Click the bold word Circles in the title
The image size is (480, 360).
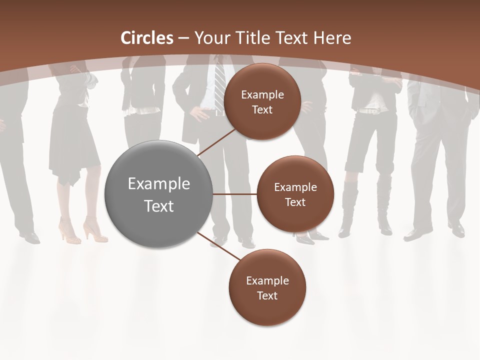click(x=147, y=38)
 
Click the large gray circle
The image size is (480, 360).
click(x=158, y=194)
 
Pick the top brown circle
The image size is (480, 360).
click(x=262, y=101)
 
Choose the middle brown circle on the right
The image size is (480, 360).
click(x=295, y=194)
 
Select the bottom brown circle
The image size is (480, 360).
click(x=267, y=287)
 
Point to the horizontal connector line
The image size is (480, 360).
click(x=234, y=194)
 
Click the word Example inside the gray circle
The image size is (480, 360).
click(x=158, y=184)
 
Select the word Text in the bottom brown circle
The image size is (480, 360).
click(x=267, y=295)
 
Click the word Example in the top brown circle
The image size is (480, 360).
click(x=262, y=94)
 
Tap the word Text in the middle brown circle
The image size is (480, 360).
click(x=295, y=202)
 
